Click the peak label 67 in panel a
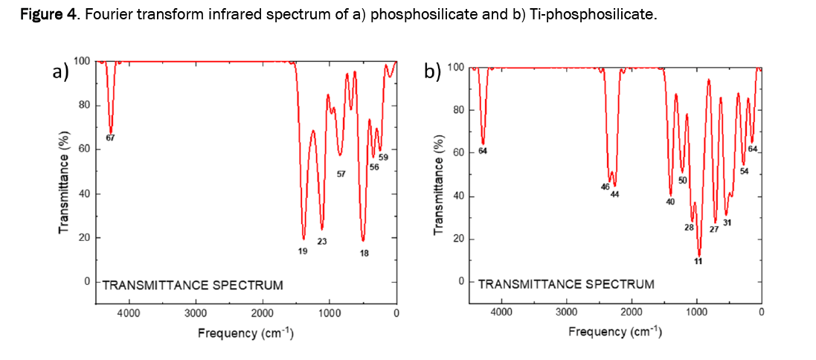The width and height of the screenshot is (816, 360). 110,138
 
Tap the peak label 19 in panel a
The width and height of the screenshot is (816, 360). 303,251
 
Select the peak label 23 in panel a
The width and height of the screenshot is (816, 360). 322,241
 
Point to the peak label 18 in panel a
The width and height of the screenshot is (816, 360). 364,253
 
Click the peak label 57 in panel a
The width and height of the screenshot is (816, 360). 341,175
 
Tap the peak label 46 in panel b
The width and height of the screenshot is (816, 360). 605,187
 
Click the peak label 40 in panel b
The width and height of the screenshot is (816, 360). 670,202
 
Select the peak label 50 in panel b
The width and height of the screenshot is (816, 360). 682,181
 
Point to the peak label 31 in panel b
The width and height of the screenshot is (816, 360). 727,222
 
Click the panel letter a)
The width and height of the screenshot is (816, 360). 60,71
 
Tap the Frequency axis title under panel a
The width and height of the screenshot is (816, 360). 245,332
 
